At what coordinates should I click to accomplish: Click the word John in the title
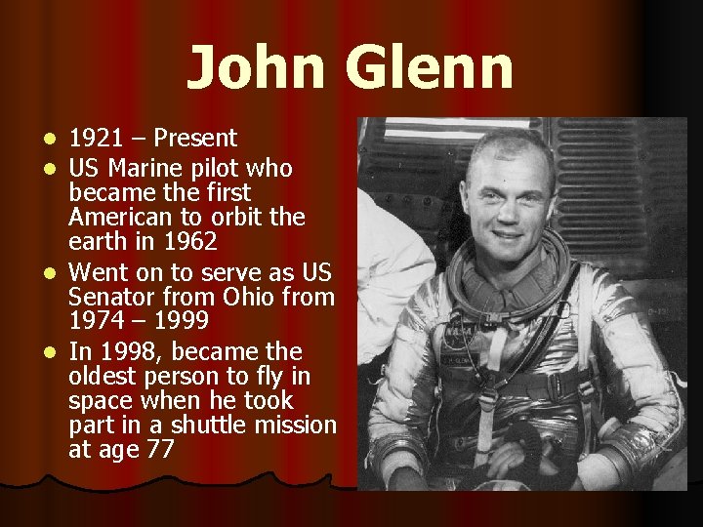tap(254, 68)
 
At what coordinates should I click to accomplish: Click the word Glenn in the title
tap(429, 68)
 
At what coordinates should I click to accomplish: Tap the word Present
tap(194, 139)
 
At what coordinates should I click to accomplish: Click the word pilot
tap(220, 169)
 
